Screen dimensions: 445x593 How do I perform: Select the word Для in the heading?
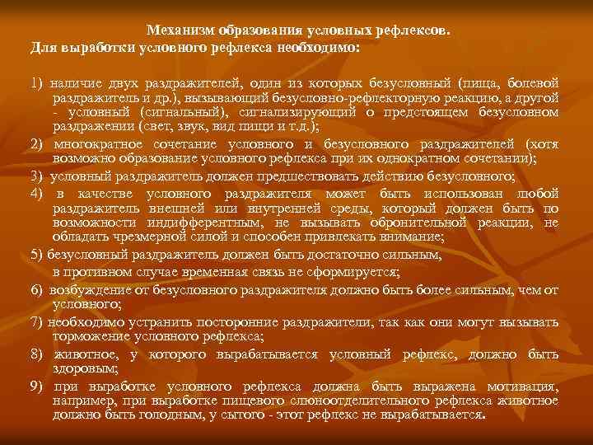tap(43, 47)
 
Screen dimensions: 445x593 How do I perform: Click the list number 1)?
tap(36, 84)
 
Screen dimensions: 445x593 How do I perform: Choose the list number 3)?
tap(37, 176)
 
